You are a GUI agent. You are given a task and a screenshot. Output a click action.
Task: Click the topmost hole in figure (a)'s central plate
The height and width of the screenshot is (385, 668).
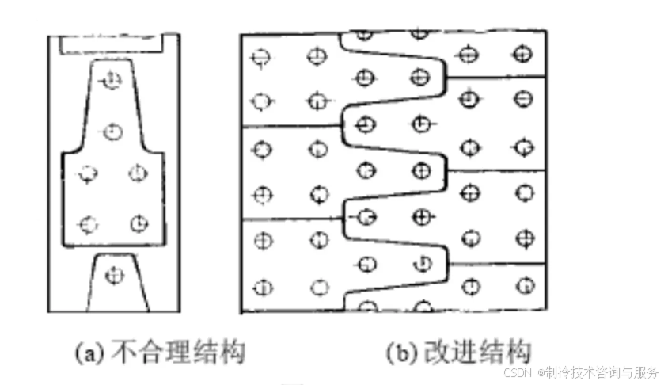pyautogui.click(x=112, y=80)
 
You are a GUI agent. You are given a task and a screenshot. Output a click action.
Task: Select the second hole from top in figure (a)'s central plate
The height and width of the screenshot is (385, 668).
pyautogui.click(x=112, y=131)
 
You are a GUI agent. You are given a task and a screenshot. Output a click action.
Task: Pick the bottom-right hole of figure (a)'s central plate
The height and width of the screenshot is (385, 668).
pyautogui.click(x=139, y=224)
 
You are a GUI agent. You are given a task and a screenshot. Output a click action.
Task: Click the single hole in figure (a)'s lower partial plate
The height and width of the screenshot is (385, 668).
pyautogui.click(x=116, y=276)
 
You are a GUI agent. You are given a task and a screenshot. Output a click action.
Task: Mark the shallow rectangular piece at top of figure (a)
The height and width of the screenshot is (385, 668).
pyautogui.click(x=112, y=43)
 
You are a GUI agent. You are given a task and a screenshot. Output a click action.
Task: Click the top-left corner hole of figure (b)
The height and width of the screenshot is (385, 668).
pyautogui.click(x=261, y=57)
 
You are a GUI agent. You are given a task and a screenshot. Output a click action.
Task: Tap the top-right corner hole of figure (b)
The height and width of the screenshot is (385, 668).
pyautogui.click(x=521, y=54)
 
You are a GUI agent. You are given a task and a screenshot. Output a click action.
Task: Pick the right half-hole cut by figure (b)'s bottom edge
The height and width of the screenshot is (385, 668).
pyautogui.click(x=422, y=307)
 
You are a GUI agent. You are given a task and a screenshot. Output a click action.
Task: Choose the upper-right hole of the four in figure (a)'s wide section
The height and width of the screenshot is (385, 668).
pyautogui.click(x=139, y=172)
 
